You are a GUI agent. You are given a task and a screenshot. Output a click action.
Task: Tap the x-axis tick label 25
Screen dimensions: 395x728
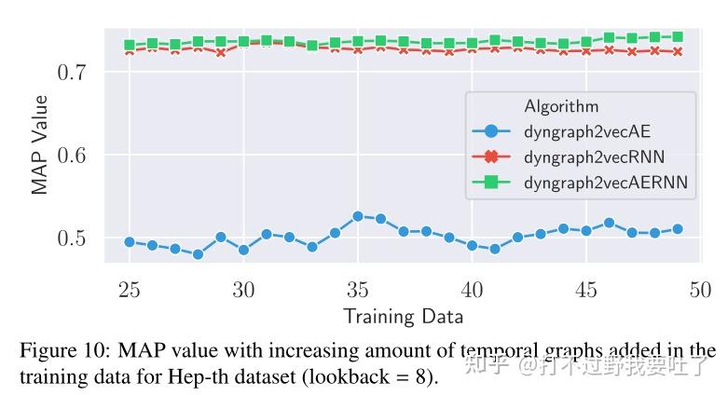[x=130, y=290]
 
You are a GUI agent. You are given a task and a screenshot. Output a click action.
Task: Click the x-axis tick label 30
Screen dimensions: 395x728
[x=243, y=290]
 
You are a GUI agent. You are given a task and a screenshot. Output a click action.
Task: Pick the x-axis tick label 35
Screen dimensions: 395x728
[x=357, y=290]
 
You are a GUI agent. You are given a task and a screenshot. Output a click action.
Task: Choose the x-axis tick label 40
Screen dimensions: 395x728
[x=472, y=290]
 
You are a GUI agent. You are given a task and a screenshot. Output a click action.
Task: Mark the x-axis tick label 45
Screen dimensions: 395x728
[x=585, y=290]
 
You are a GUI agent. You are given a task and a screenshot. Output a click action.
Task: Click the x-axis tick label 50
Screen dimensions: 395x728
[x=699, y=290]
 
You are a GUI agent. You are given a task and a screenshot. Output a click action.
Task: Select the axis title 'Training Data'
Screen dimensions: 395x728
[x=403, y=316]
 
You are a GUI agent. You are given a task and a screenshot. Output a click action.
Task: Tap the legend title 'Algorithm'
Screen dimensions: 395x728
[x=561, y=106]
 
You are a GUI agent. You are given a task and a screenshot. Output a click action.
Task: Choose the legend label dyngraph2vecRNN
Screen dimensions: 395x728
[x=594, y=157]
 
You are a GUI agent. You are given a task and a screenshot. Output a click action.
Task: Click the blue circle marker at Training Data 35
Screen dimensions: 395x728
[x=357, y=216]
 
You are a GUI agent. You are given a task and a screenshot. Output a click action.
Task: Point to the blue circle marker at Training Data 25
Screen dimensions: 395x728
[x=130, y=242]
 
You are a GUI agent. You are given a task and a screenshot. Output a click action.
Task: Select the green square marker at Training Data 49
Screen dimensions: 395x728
[x=677, y=37]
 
